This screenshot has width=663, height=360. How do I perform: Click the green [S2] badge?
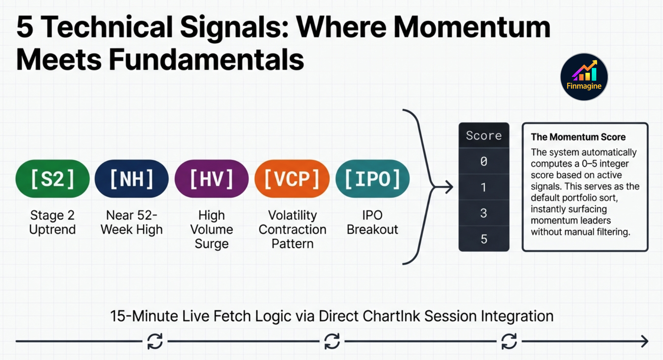coord(52,179)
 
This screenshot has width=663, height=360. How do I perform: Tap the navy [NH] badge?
coord(132,179)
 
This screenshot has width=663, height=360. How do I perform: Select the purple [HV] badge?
coord(211,179)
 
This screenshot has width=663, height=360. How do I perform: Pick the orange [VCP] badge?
coord(292,179)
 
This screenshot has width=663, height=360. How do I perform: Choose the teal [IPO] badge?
coord(372,179)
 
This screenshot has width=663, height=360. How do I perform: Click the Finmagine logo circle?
coord(584,77)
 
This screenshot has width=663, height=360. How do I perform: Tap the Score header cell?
coord(484,135)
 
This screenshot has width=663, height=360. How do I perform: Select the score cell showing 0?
coord(484,161)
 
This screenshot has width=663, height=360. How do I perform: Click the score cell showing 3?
coord(484,213)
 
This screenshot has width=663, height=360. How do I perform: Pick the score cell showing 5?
coord(484,239)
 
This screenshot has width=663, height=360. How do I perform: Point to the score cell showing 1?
coord(484,187)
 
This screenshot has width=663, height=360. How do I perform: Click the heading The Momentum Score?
coord(578,137)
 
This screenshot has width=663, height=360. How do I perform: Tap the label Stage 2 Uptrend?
coord(52,222)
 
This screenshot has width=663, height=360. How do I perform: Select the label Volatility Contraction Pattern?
coord(292,229)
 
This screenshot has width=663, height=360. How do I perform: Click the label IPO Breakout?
coord(372,222)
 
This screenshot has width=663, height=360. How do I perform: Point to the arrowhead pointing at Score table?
coord(449,187)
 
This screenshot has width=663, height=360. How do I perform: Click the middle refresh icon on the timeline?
coord(332,341)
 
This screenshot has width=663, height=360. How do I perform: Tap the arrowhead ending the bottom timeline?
coord(645,341)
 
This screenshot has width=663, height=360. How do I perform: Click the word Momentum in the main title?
coord(472,27)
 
